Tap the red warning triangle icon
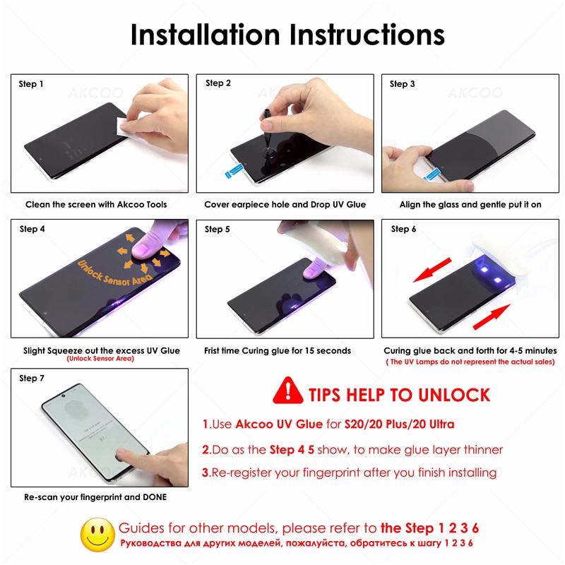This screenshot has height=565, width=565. pos(287,390)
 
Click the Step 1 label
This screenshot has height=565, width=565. pos(31,84)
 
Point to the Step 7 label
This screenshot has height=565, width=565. pos(32,379)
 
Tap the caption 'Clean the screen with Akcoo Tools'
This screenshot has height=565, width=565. pos(96,205)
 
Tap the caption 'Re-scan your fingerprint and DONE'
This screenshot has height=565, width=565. pos(95,497)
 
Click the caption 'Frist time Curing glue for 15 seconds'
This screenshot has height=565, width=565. pos(278,350)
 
